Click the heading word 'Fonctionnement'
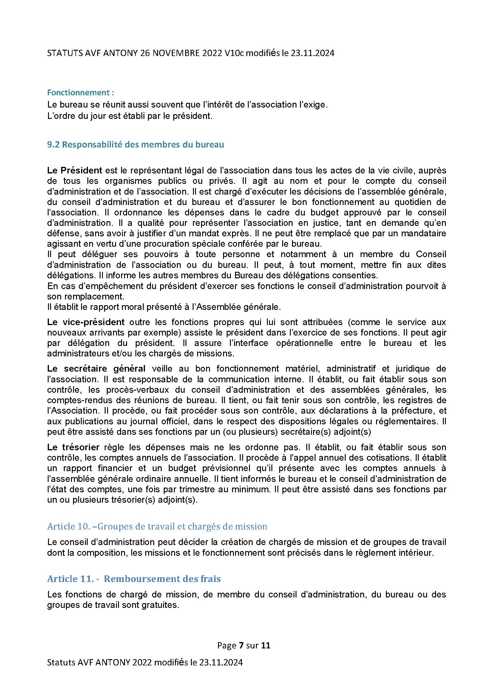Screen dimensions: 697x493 point(78,92)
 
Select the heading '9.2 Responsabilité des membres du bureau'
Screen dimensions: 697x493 point(135,145)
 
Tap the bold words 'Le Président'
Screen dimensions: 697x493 point(75,170)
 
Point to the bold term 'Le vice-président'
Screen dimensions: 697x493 point(86,322)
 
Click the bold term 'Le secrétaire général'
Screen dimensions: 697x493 point(96,369)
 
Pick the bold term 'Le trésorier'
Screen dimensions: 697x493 point(73,447)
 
